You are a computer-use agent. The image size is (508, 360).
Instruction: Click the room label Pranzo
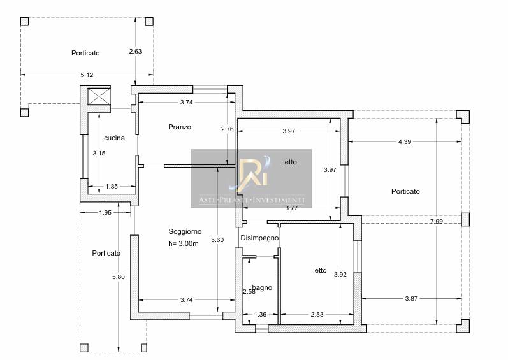point(180,127)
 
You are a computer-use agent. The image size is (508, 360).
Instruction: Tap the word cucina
point(114,138)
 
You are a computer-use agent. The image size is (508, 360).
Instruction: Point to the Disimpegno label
point(260,238)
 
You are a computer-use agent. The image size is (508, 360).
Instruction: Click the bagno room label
point(263,287)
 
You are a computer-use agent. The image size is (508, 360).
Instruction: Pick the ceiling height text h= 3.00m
point(184,243)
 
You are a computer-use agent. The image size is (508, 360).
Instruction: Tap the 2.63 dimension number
point(135,51)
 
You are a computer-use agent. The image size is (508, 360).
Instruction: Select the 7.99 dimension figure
point(436,221)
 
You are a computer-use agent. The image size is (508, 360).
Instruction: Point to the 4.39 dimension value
point(405,141)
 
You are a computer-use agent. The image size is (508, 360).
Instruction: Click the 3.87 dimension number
point(413,298)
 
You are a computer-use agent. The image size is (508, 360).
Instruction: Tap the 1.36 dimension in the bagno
point(260,313)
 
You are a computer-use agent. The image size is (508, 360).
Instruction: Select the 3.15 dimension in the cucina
point(98,153)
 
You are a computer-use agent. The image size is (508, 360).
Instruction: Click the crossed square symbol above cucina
point(99,97)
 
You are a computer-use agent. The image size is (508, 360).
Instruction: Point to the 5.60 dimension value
point(218,240)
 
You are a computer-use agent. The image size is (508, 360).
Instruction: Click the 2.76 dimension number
point(227,129)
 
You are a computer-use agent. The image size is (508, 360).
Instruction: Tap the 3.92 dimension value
point(340,274)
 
